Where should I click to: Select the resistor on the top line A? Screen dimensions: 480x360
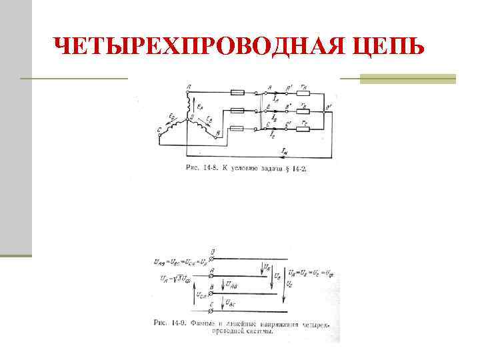(237, 92)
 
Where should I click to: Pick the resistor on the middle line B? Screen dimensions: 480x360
(237, 110)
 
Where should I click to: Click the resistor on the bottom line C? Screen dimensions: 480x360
(237, 127)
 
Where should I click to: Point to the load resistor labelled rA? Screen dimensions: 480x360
(303, 92)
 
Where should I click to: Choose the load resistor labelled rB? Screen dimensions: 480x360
(303, 110)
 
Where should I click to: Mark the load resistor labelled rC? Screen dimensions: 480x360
(303, 127)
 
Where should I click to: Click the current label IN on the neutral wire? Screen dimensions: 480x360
(285, 153)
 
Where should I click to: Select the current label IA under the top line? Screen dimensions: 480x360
(275, 99)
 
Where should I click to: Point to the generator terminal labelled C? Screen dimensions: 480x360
(159, 131)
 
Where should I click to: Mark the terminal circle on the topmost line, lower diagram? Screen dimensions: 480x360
(212, 257)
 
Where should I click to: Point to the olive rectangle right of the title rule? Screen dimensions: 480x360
(407, 79)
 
